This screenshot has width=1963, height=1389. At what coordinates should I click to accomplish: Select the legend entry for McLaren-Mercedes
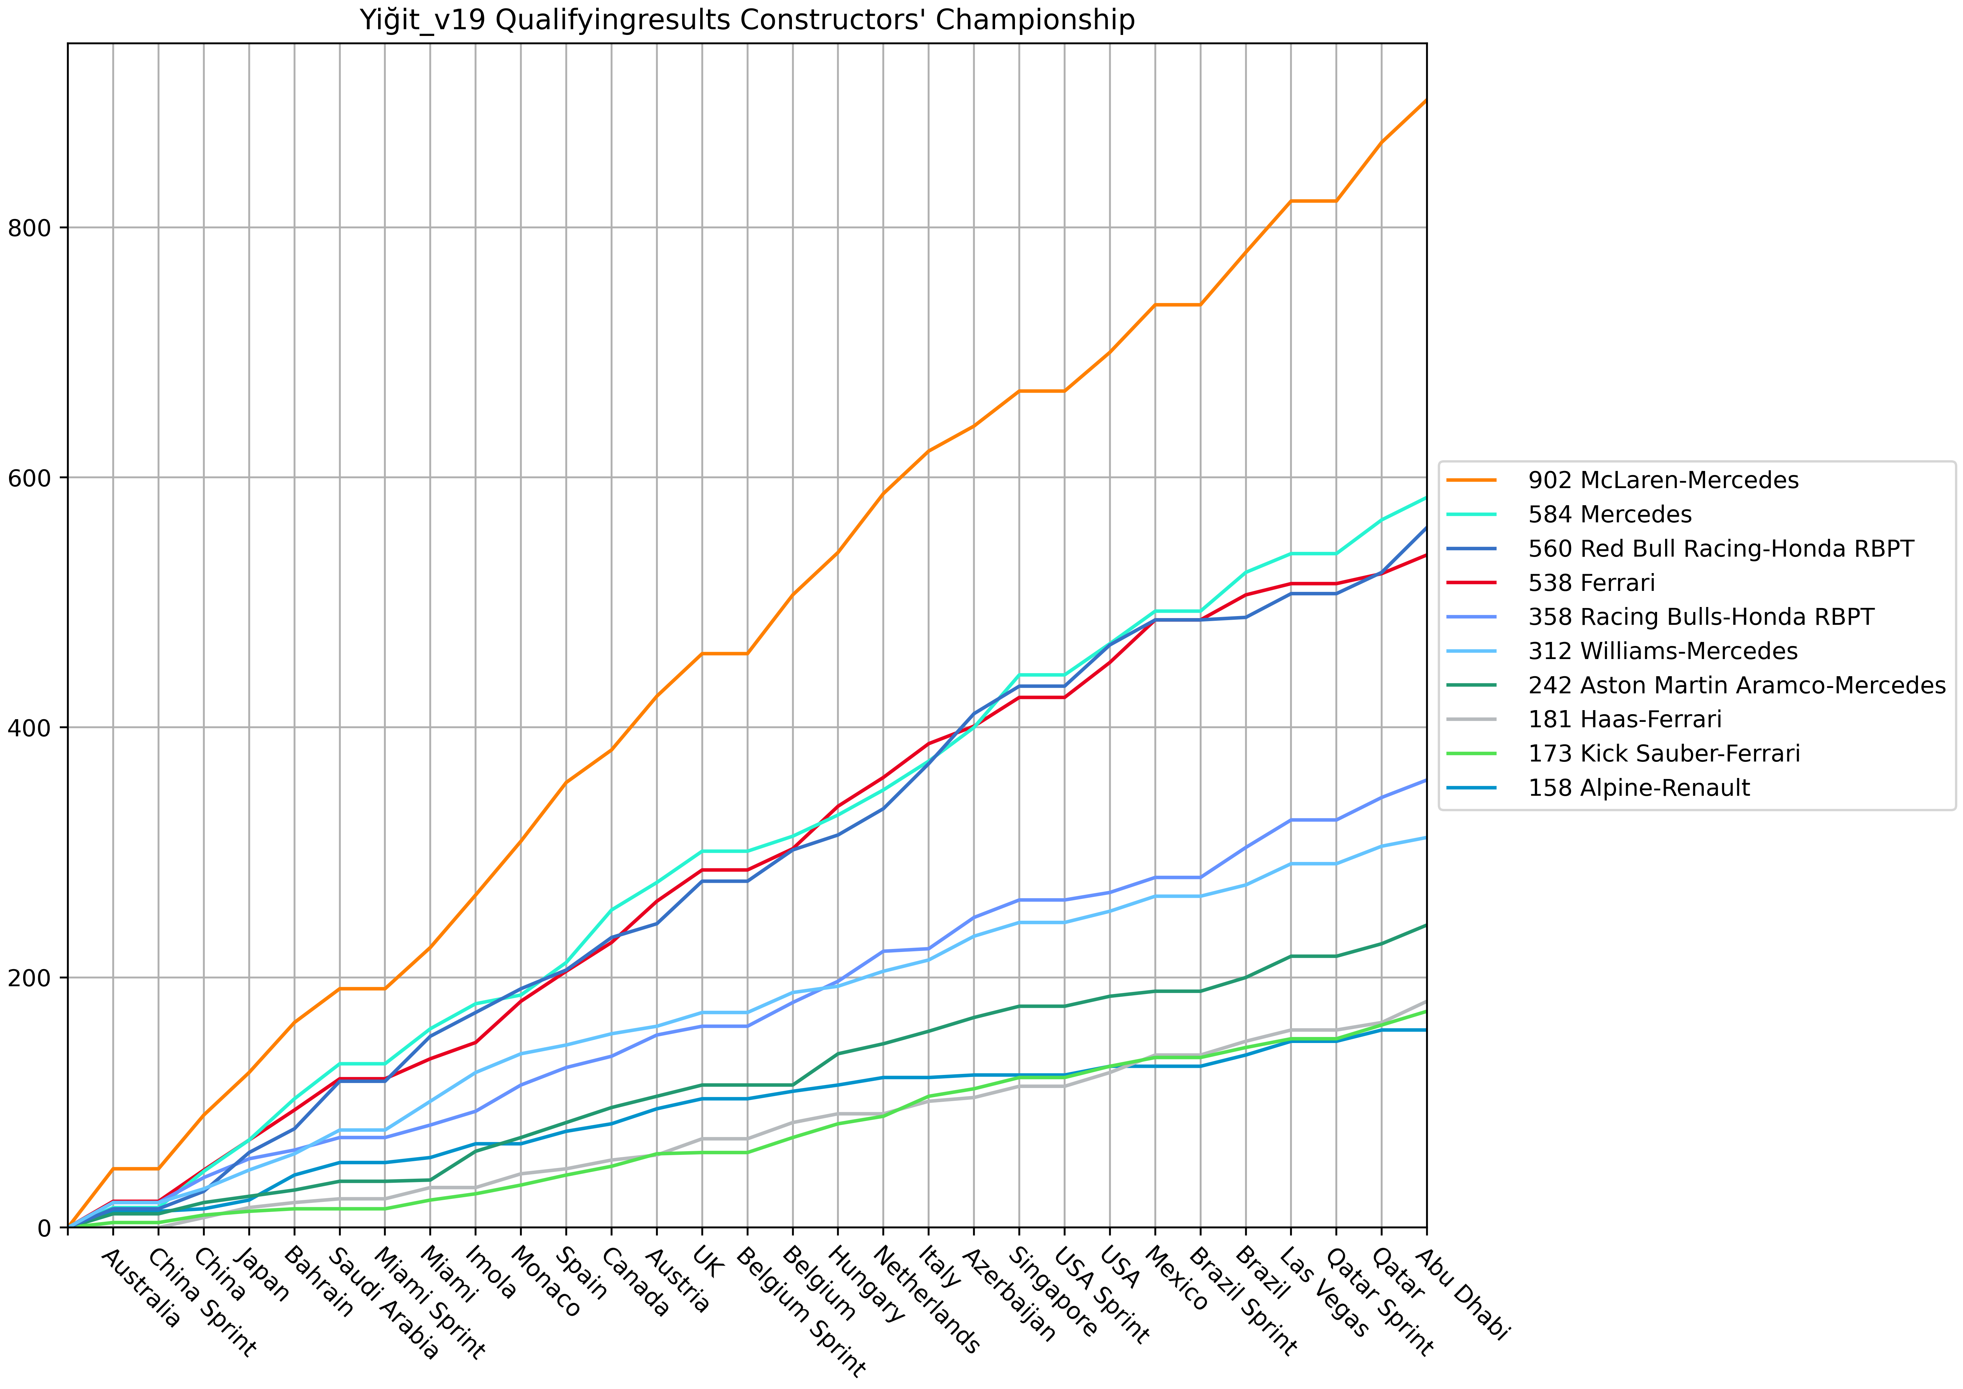[1663, 480]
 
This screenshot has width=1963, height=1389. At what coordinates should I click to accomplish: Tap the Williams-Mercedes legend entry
[1662, 651]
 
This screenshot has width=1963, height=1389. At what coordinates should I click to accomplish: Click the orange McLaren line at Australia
[113, 1168]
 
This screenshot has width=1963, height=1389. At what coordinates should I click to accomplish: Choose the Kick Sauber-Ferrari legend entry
[1663, 753]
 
